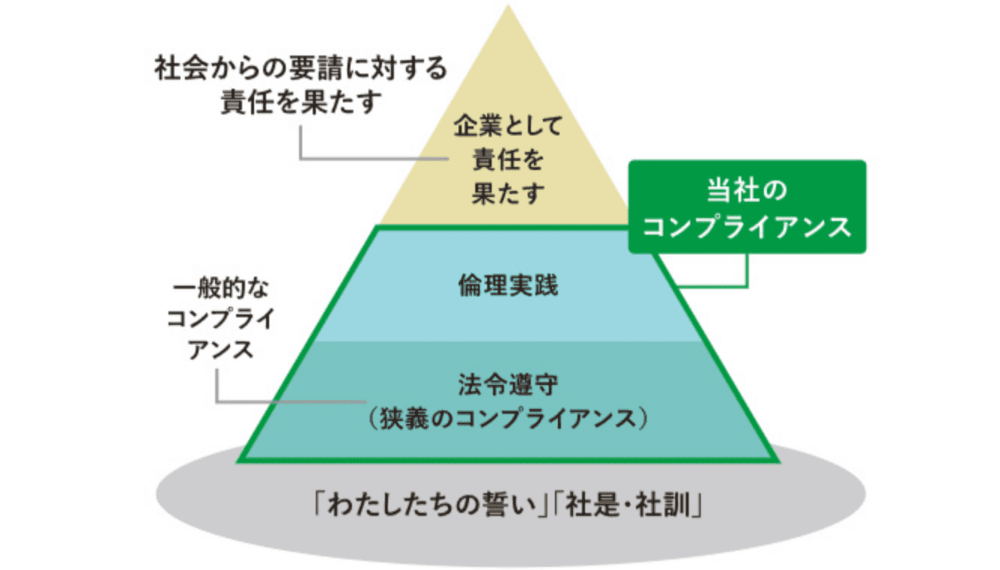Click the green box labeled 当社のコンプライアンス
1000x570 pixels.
click(x=747, y=206)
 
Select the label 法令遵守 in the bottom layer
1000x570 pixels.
click(x=508, y=386)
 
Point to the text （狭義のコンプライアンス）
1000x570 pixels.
click(x=508, y=418)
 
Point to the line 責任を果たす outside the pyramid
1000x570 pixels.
click(x=300, y=102)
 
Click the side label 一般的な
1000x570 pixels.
click(x=220, y=289)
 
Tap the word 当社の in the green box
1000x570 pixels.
click(x=747, y=189)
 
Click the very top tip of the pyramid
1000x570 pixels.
click(x=508, y=8)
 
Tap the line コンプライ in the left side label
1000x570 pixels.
click(x=220, y=320)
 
